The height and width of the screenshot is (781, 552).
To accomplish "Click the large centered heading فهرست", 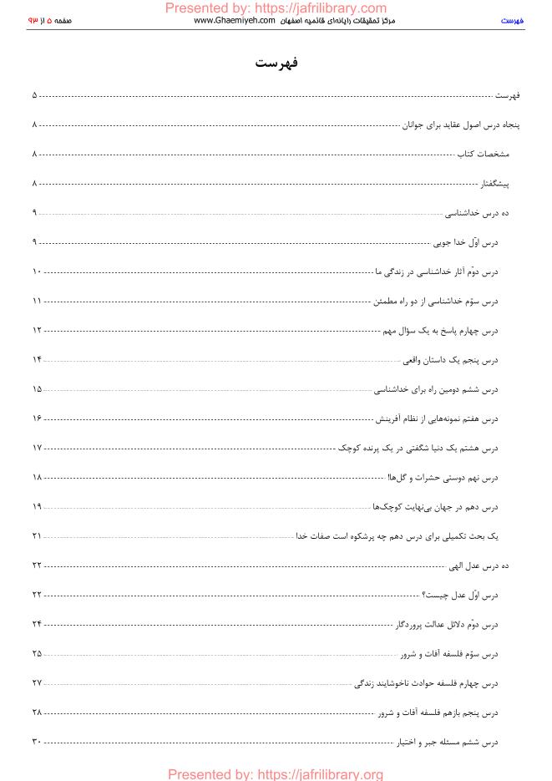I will (276, 64).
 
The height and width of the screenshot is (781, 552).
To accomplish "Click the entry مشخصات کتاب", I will (482, 155).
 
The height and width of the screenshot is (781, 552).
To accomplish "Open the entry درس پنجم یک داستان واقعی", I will (451, 360).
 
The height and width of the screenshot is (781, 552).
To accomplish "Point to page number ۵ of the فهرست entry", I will (34, 96).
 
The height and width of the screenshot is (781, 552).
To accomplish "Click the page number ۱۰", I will (36, 272).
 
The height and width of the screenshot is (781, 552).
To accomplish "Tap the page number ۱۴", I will (36, 360).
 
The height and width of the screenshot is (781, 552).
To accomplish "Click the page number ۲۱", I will (36, 535).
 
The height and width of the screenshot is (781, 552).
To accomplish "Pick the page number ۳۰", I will (36, 742).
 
